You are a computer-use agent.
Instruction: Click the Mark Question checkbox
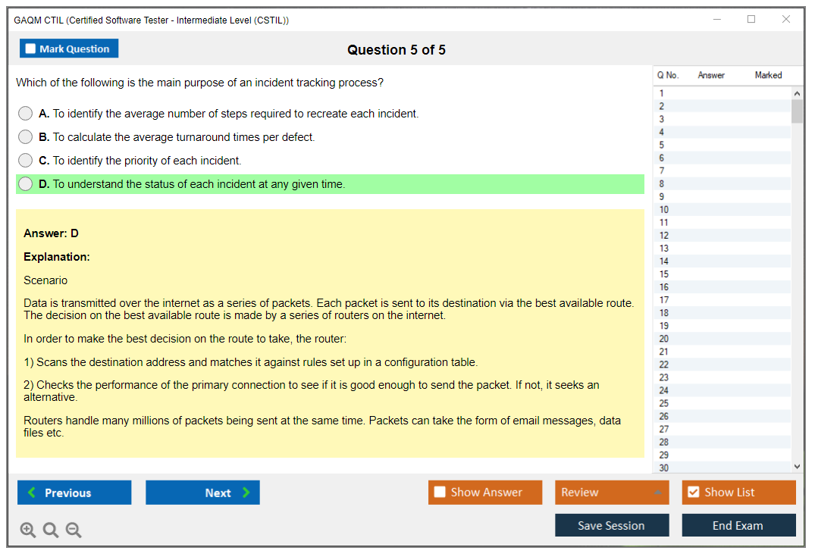30,49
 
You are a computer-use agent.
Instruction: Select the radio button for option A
26,113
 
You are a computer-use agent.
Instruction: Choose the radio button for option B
26,136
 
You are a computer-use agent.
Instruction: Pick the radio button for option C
26,160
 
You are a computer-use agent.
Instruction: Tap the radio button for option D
26,184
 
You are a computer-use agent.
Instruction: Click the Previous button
74,493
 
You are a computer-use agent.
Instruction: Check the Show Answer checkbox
440,492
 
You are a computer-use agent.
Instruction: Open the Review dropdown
612,493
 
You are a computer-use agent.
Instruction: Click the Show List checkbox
694,492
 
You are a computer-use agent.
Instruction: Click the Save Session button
612,525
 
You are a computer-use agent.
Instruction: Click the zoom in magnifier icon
28,530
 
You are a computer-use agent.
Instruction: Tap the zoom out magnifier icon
74,530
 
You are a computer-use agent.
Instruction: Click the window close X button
786,19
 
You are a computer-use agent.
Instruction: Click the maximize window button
751,19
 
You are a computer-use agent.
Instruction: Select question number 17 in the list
663,300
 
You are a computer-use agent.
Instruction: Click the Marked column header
768,75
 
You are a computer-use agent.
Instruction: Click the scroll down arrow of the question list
797,467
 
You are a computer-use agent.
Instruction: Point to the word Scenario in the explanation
45,280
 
